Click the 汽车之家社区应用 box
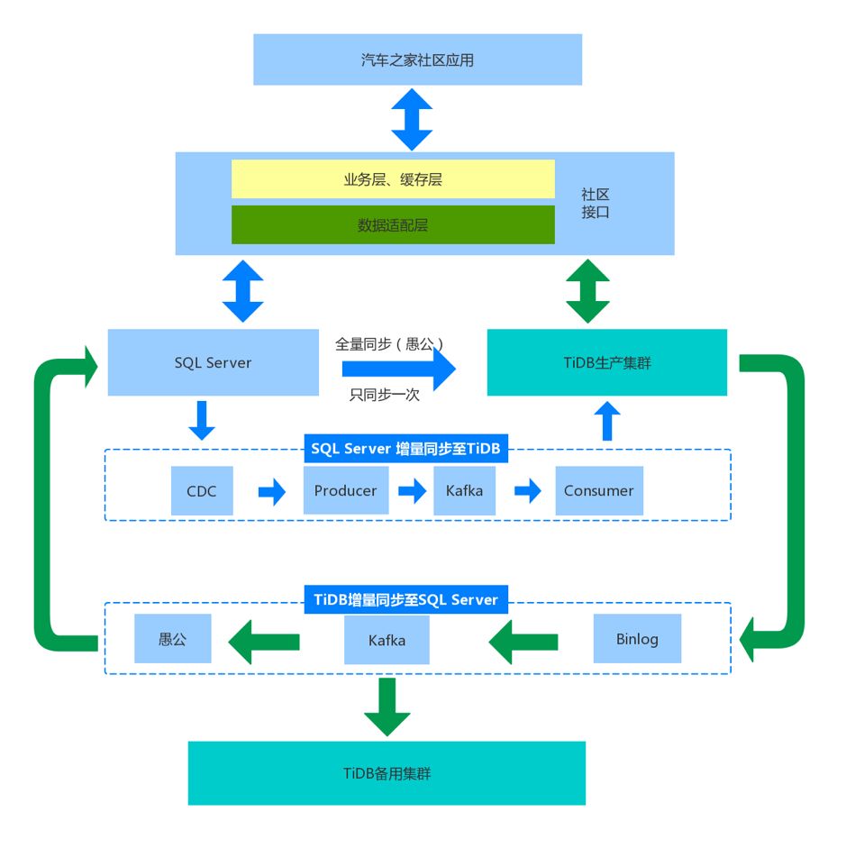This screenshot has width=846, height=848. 417,60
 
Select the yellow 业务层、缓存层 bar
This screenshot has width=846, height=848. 393,179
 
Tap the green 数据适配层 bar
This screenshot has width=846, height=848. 393,225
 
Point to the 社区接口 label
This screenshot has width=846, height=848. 596,204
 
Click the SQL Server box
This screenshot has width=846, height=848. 214,362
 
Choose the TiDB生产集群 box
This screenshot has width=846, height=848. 606,362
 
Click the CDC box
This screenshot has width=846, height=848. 202,491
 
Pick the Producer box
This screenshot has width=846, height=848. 345,491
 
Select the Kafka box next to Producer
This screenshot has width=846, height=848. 464,491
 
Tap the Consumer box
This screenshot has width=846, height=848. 599,491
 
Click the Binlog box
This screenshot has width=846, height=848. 637,639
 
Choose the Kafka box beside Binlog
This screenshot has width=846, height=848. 387,641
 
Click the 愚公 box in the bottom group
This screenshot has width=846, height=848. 172,639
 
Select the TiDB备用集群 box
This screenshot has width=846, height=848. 387,773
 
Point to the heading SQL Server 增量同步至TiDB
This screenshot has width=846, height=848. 405,449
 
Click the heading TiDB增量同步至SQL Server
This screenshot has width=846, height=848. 405,599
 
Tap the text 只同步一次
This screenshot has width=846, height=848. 385,394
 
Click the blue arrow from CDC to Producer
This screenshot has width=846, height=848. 271,492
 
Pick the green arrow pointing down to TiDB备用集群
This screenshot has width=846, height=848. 387,706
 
